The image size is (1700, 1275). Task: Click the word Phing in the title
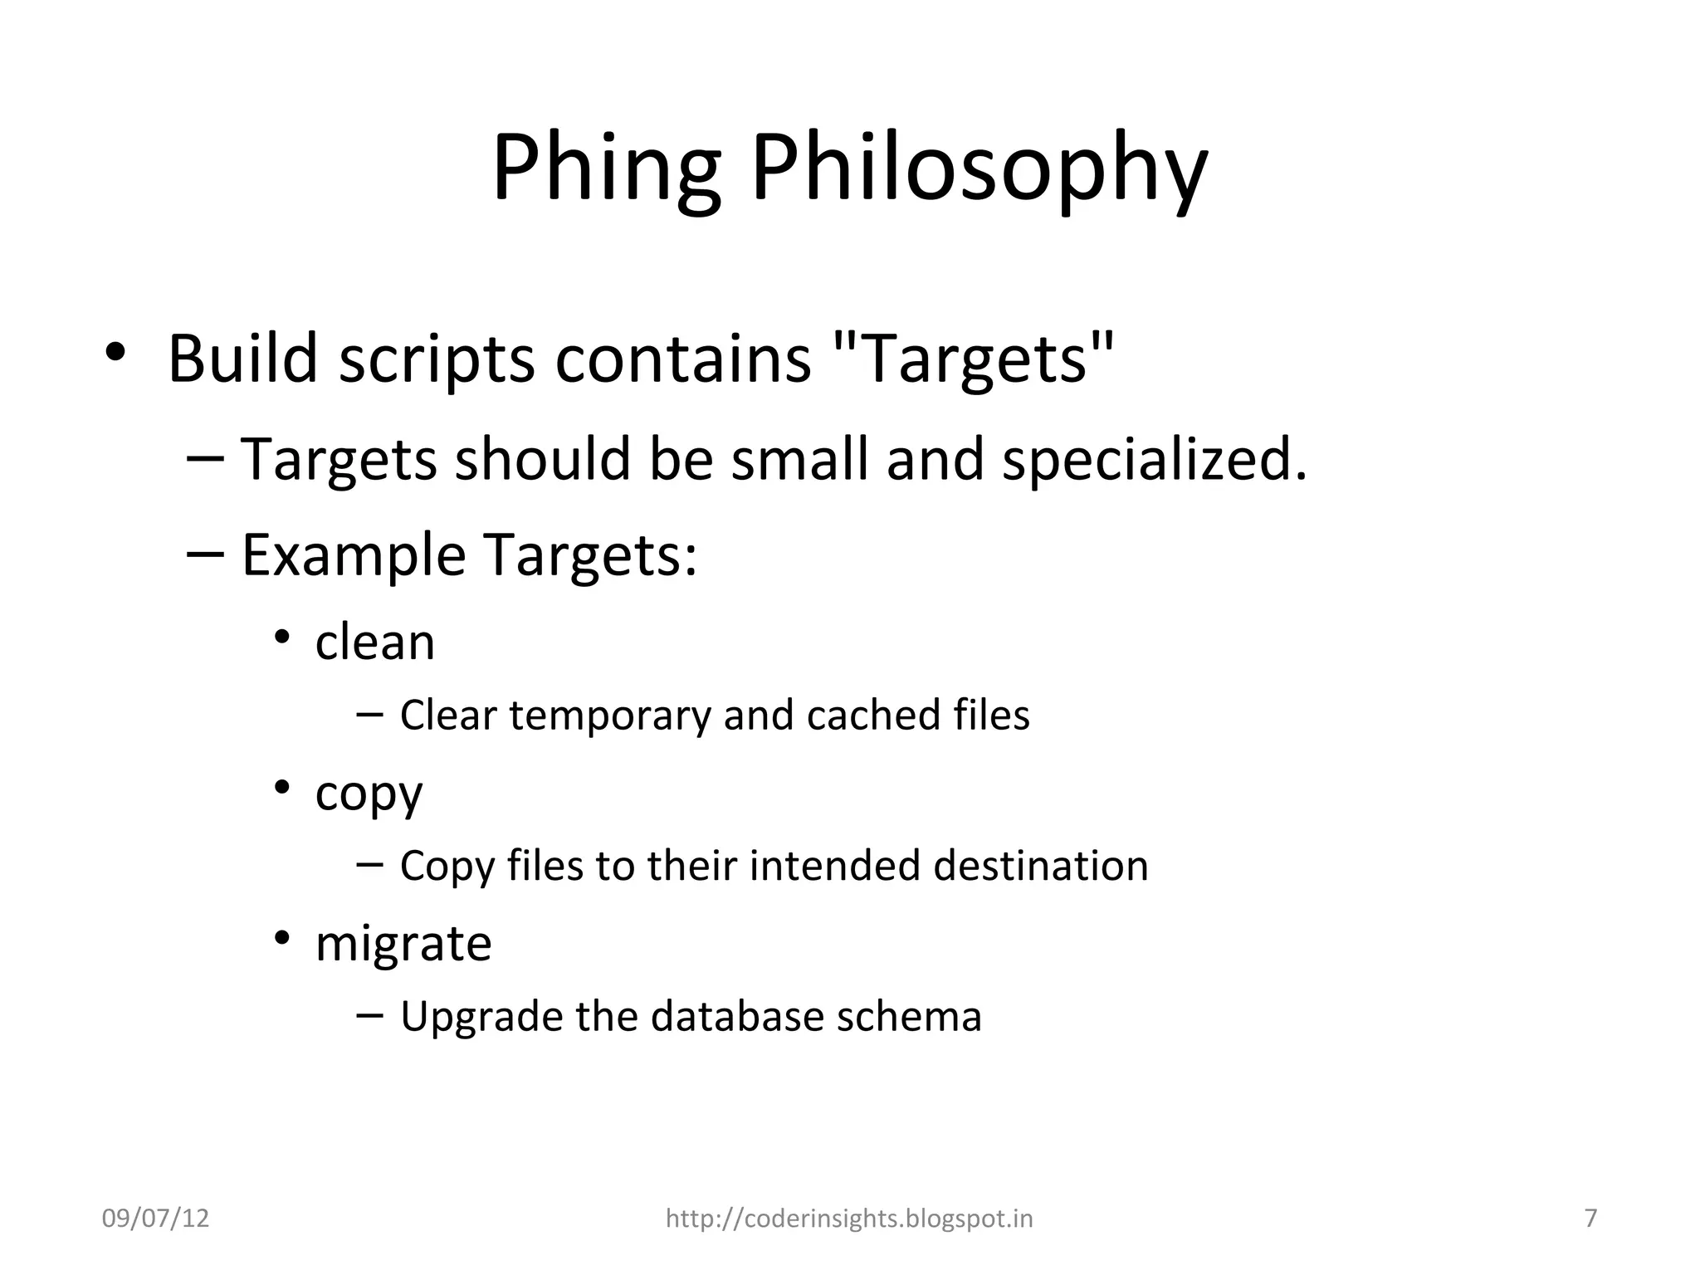click(606, 170)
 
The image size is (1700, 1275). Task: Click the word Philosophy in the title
click(979, 170)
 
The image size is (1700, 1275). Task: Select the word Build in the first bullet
click(243, 359)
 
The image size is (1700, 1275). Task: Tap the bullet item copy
click(369, 794)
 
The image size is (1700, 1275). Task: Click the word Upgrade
click(481, 1016)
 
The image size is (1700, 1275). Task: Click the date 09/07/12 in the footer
click(155, 1219)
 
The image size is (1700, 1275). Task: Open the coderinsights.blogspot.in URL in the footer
click(849, 1219)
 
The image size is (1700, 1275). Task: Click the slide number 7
click(1590, 1219)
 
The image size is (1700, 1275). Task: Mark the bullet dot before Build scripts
click(115, 352)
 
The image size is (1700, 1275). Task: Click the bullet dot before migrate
click(282, 938)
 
